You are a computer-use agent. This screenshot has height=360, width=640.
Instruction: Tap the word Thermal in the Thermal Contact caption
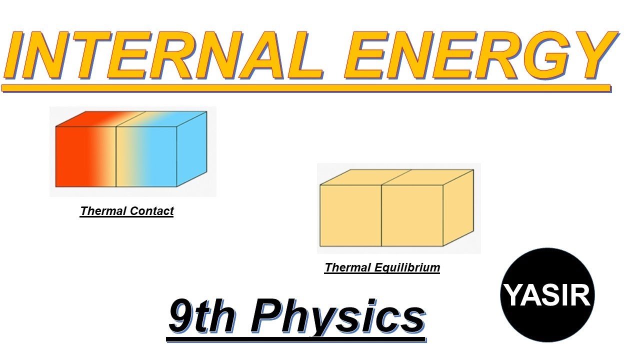point(103,211)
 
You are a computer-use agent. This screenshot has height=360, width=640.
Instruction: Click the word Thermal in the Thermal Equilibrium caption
point(347,268)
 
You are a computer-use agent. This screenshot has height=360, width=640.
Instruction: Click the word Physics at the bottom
point(337,316)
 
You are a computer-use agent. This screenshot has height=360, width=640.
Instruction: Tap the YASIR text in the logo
point(547,295)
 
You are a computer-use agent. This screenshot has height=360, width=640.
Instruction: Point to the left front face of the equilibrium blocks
point(350,215)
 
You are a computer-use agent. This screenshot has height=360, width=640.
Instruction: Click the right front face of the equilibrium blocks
point(412,215)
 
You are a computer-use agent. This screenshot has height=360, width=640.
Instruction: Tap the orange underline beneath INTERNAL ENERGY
point(306,88)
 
